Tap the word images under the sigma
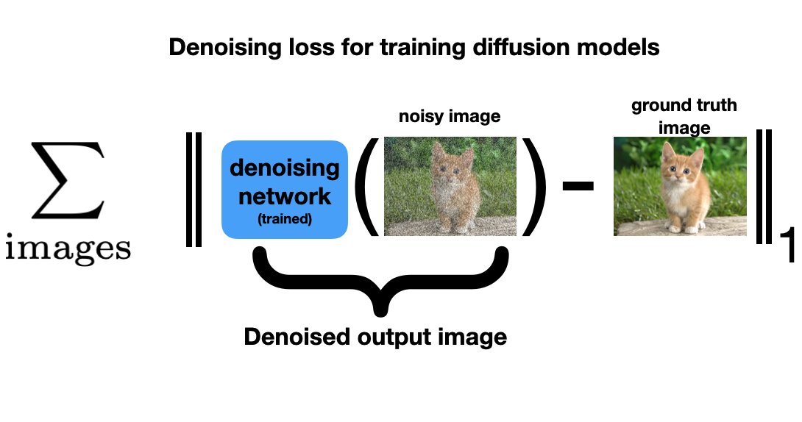click(68, 250)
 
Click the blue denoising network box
click(285, 189)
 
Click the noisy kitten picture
click(450, 186)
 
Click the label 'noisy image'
click(450, 116)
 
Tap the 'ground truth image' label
click(684, 116)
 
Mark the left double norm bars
click(194, 189)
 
